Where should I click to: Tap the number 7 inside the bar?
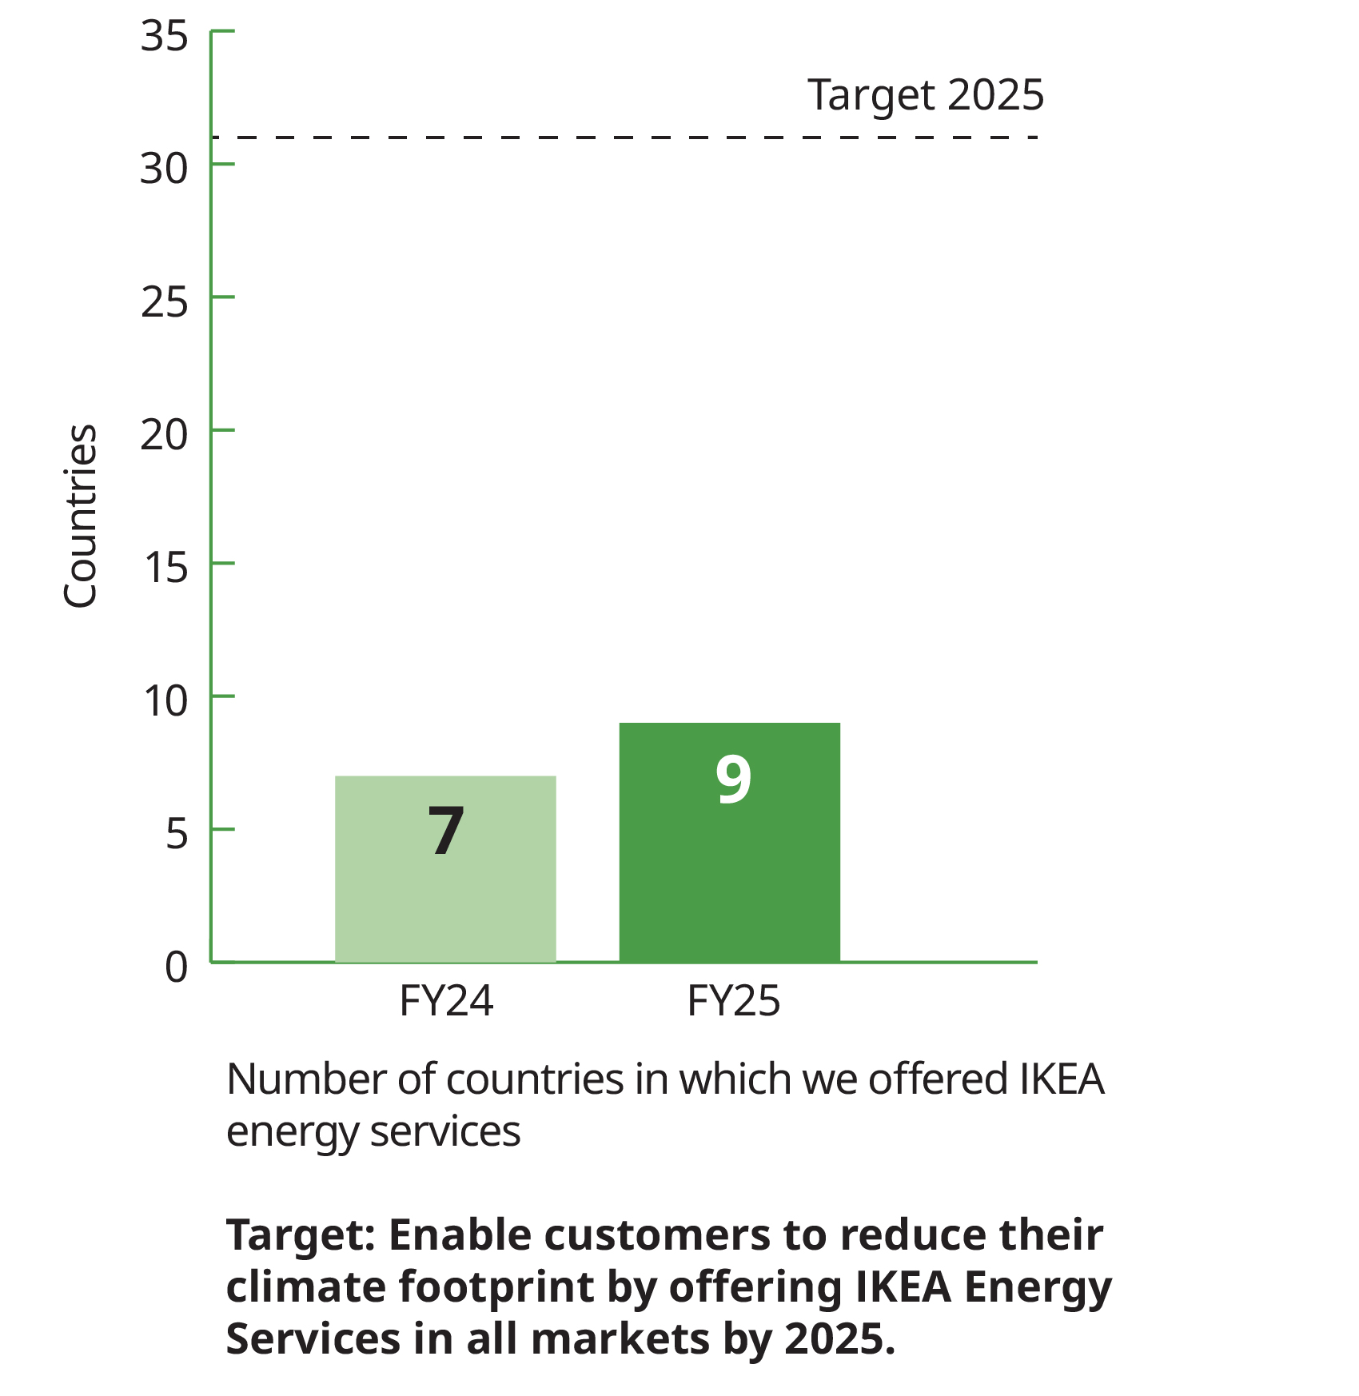pyautogui.click(x=446, y=832)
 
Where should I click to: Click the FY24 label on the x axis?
pyautogui.click(x=446, y=1001)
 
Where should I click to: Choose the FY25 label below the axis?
pyautogui.click(x=733, y=1001)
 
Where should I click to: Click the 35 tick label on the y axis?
pyautogui.click(x=164, y=36)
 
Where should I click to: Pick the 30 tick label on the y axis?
pyautogui.click(x=164, y=169)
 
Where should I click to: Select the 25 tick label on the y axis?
pyautogui.click(x=164, y=302)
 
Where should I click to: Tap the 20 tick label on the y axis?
pyautogui.click(x=164, y=435)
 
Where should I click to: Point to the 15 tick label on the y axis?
pyautogui.click(x=165, y=568)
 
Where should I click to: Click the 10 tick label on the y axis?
pyautogui.click(x=165, y=701)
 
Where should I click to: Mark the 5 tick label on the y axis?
pyautogui.click(x=177, y=834)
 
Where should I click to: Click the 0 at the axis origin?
pyautogui.click(x=177, y=967)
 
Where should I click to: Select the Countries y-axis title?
pyautogui.click(x=80, y=517)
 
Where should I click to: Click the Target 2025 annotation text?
pyautogui.click(x=925, y=95)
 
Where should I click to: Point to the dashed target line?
pyautogui.click(x=624, y=138)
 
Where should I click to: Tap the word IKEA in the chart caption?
pyautogui.click(x=1062, y=1079)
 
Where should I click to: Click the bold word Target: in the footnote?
pyautogui.click(x=301, y=1235)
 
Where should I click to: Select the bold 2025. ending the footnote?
pyautogui.click(x=839, y=1338)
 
